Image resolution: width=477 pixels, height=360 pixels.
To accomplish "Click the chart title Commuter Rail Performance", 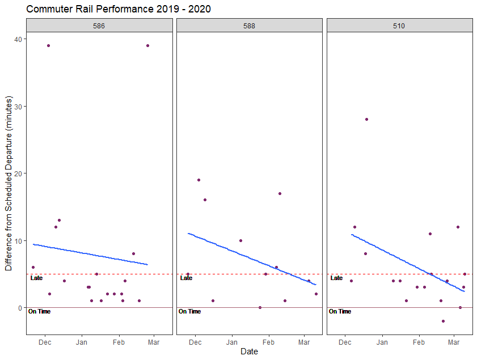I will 119,10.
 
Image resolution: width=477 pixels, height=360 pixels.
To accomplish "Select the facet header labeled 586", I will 99,26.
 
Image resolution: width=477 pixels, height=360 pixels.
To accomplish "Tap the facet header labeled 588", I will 250,26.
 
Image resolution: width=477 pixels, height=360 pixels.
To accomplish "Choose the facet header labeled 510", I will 400,26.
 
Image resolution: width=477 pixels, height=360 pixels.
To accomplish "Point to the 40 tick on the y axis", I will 19,39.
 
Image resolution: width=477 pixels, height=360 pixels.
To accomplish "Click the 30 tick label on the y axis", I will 19,107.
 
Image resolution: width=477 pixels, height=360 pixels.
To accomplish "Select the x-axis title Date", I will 249,351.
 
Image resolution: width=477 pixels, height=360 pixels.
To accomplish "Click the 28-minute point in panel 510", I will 366,119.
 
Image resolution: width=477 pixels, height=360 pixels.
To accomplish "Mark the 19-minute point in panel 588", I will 199,180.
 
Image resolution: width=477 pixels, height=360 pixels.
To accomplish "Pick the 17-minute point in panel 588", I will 280,193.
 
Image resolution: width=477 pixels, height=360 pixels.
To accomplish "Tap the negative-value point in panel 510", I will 443,321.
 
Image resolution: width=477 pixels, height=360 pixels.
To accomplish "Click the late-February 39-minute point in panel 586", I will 147,45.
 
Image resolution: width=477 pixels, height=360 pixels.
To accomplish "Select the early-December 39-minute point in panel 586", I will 48,45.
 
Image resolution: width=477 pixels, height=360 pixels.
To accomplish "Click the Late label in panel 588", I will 186,278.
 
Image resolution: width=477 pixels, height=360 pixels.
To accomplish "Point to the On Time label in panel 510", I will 340,311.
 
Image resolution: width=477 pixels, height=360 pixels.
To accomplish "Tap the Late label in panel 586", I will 36,278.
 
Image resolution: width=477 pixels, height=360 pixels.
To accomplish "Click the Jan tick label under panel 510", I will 382,342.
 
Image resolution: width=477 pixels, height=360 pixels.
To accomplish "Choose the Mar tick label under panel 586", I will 154,342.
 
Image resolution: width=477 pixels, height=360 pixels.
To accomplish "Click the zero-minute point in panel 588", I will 260,307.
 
